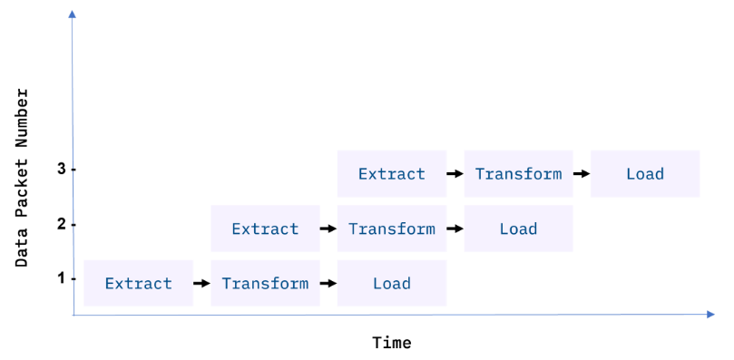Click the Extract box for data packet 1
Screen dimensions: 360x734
click(138, 283)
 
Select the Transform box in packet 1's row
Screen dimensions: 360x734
click(265, 283)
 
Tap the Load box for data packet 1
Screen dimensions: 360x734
click(391, 283)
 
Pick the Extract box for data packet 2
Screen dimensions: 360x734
click(265, 229)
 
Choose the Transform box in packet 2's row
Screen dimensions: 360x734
click(391, 229)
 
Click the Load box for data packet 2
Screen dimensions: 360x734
click(518, 229)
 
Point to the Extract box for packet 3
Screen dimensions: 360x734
click(391, 173)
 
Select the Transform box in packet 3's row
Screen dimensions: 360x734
click(518, 173)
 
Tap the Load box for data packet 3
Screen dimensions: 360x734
click(645, 173)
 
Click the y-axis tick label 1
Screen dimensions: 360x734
click(61, 277)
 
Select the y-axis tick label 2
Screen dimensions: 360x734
click(61, 223)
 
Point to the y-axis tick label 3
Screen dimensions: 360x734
click(61, 169)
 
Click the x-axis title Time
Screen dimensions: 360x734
click(391, 343)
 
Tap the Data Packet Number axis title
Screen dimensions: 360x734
click(23, 177)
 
